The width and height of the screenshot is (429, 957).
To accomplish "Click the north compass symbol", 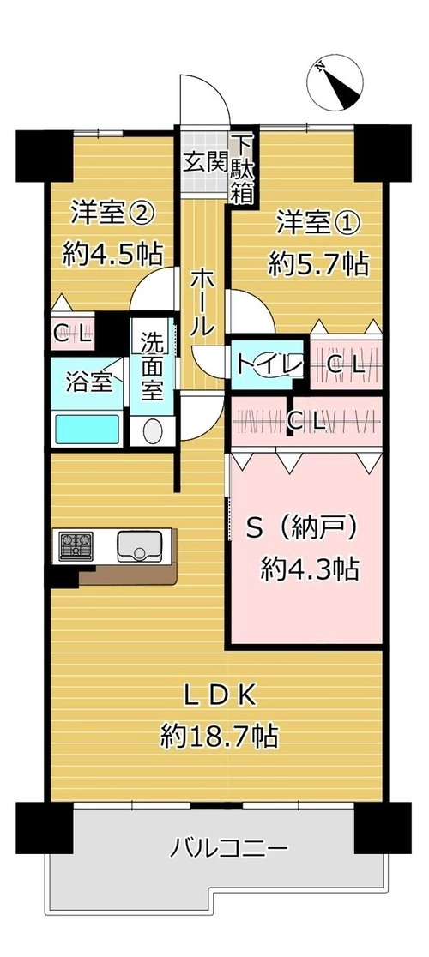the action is pyautogui.click(x=335, y=83).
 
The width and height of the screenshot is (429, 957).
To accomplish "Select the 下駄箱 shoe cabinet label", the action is pyautogui.click(x=241, y=168).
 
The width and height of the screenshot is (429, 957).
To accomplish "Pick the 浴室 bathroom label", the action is pyautogui.click(x=88, y=383).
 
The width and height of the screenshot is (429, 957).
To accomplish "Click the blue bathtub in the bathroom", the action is pyautogui.click(x=87, y=429).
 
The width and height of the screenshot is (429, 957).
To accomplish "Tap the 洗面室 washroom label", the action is pyautogui.click(x=152, y=365).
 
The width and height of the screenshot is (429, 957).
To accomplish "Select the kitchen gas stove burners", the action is pyautogui.click(x=76, y=546).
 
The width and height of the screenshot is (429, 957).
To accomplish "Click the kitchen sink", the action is pyautogui.click(x=139, y=545).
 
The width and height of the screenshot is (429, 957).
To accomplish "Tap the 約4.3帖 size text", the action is pyautogui.click(x=309, y=569).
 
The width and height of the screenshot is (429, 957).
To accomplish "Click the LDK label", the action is pyautogui.click(x=217, y=695).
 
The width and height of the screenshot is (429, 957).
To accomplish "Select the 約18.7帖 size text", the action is pyautogui.click(x=219, y=737).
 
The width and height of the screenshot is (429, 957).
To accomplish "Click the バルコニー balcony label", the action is pyautogui.click(x=227, y=848).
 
